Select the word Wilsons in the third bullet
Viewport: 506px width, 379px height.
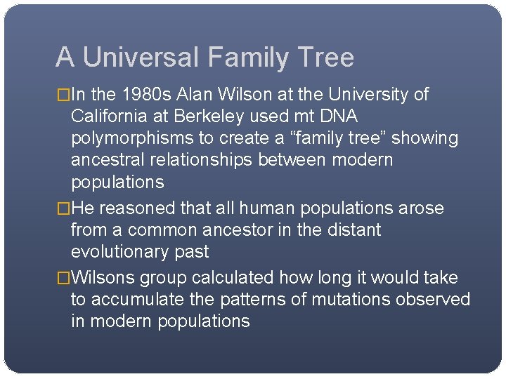tap(103, 278)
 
